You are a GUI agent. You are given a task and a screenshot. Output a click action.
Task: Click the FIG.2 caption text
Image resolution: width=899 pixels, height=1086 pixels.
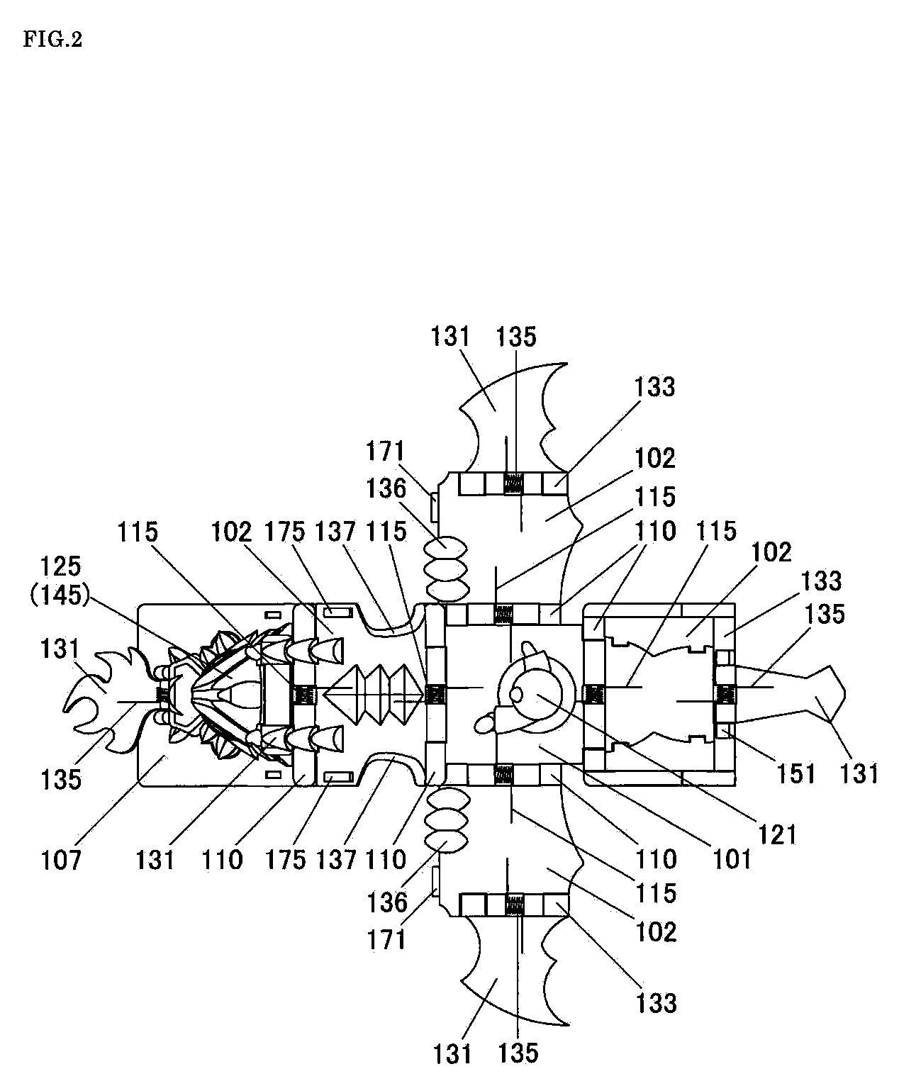click(52, 40)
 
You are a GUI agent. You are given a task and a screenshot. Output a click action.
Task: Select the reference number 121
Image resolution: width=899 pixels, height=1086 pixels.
click(778, 834)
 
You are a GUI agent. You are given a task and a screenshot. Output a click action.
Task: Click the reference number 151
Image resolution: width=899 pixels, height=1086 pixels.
click(797, 773)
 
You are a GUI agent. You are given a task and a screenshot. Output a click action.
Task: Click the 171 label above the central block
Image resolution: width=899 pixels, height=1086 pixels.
click(386, 451)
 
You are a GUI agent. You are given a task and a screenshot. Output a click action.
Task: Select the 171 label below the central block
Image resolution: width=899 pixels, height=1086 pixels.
click(386, 939)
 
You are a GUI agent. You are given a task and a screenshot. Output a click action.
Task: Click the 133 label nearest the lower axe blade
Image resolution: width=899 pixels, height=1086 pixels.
click(656, 1002)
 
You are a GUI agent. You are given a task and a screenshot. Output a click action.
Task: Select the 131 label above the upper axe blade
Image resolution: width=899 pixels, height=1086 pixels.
click(451, 336)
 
